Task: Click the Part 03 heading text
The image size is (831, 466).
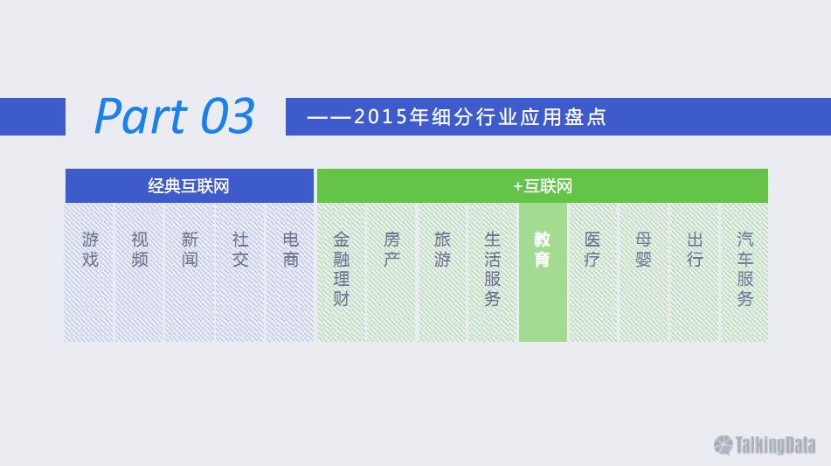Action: pyautogui.click(x=175, y=115)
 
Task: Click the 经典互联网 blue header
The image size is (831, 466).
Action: pyautogui.click(x=190, y=185)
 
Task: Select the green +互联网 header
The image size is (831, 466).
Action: pyautogui.click(x=542, y=185)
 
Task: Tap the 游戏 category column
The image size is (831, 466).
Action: pyautogui.click(x=89, y=273)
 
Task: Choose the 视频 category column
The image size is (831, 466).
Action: pyautogui.click(x=140, y=273)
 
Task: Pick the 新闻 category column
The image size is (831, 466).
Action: pyautogui.click(x=190, y=273)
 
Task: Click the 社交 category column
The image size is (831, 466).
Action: pyautogui.click(x=240, y=273)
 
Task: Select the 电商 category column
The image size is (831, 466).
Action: pyautogui.click(x=290, y=273)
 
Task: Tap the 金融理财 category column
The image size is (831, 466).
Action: pyautogui.click(x=342, y=273)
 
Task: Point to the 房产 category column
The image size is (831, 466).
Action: pyautogui.click(x=391, y=273)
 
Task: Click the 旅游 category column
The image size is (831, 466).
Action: pyautogui.click(x=442, y=273)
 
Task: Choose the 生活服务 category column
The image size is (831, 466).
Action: pyautogui.click(x=492, y=273)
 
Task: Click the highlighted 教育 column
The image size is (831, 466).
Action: pyautogui.click(x=543, y=273)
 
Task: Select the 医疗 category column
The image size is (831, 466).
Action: pyautogui.click(x=593, y=273)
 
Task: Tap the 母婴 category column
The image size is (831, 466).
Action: pyautogui.click(x=643, y=273)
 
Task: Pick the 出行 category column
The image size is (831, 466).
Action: pyautogui.click(x=695, y=273)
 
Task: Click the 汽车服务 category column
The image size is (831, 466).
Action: pyautogui.click(x=744, y=273)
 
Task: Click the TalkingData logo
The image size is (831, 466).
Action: pyautogui.click(x=765, y=445)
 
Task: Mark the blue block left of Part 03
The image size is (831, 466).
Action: pyautogui.click(x=33, y=116)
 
